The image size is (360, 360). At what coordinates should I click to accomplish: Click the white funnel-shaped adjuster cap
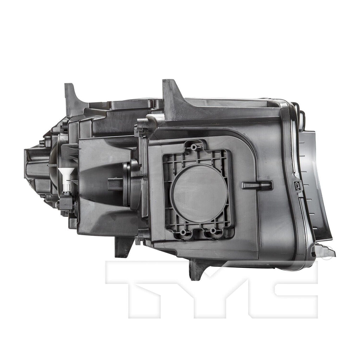(x=67, y=174)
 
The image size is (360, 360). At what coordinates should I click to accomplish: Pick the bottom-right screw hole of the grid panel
(x=213, y=230)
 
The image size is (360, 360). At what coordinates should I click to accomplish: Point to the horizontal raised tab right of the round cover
(x=257, y=185)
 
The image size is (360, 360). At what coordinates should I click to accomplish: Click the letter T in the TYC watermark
(x=141, y=288)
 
